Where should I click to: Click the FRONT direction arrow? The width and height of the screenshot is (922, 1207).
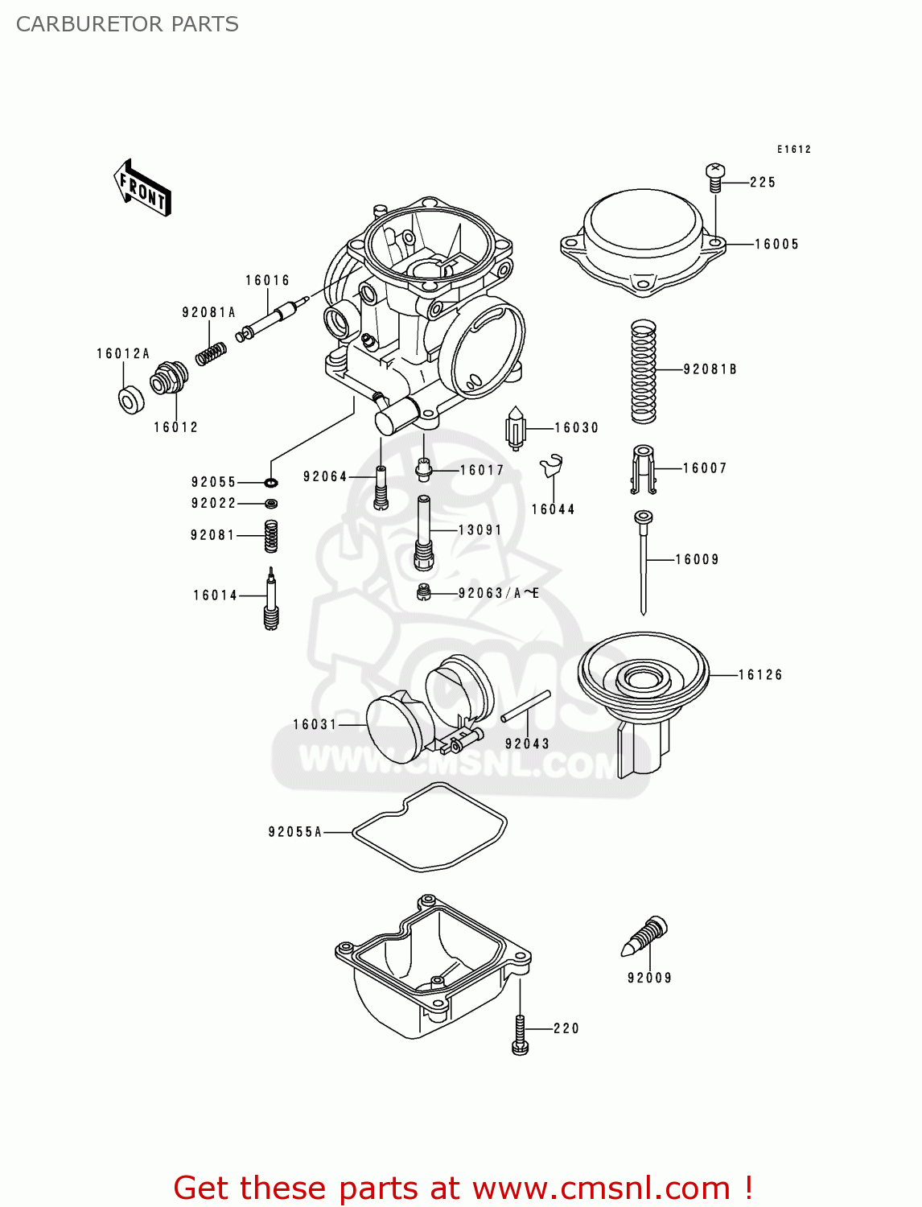point(142,188)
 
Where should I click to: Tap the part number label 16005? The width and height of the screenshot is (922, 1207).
point(776,245)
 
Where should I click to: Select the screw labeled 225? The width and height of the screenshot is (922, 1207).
point(715,176)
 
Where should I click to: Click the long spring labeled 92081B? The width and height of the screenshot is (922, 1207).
point(643,371)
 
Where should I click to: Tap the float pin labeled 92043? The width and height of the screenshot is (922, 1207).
point(525,706)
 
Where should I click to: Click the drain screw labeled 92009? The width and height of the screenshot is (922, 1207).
point(647,937)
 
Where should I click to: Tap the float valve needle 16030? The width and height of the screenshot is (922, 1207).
point(515,428)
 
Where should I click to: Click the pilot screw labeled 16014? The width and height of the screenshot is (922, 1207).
point(272,599)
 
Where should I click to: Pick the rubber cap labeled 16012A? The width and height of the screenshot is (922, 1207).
point(130,400)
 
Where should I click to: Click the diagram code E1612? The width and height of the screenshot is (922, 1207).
point(793,150)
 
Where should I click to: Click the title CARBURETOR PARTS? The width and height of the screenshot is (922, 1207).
point(127,24)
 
